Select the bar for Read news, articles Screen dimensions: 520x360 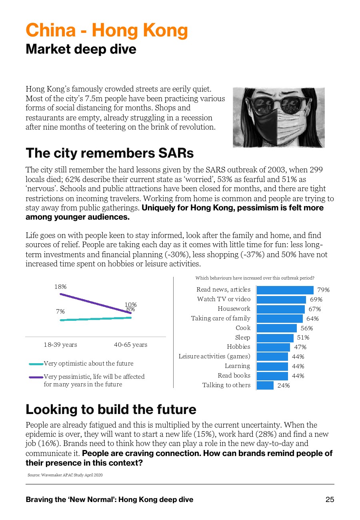pos(285,290)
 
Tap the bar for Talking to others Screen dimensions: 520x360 pos(265,385)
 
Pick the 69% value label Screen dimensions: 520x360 pos(316,299)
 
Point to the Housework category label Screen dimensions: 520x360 pos(234,309)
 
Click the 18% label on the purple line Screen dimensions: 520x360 pos(60,287)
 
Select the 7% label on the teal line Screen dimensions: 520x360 pos(60,311)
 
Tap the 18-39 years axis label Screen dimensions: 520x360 pos(60,345)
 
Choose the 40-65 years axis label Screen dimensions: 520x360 pos(130,345)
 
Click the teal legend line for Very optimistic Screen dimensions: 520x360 pos(36,364)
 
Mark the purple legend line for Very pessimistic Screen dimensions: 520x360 pos(36,377)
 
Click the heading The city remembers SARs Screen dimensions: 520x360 pos(110,153)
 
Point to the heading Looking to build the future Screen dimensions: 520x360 pos(111,409)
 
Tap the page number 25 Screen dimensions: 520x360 pos(330,500)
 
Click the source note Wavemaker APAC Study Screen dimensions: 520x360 pos(65,475)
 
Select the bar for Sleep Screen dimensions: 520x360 pos(275,338)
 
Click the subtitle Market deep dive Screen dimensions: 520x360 pos(81,50)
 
